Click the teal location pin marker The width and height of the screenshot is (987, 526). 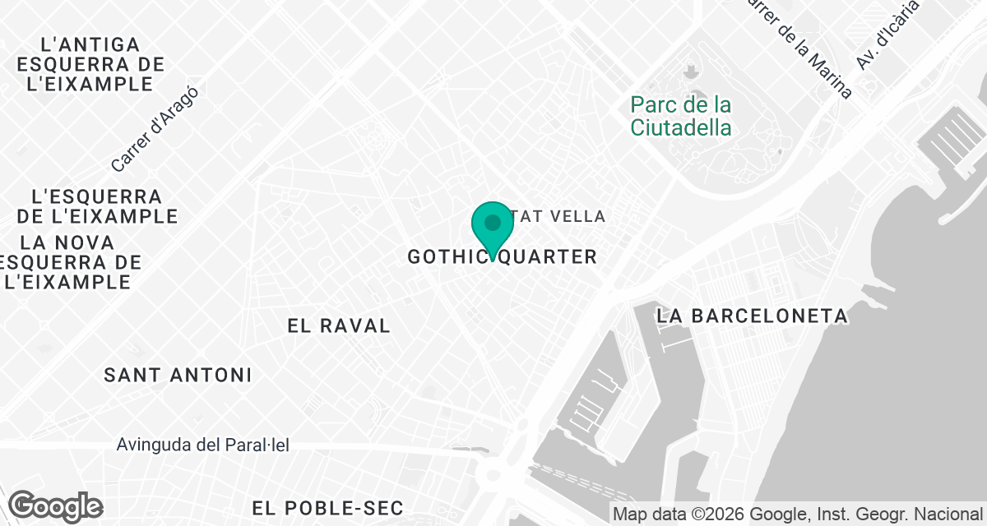point(493,229)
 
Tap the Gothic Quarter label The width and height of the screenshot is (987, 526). point(502,257)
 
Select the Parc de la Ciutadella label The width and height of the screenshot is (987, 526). point(680,116)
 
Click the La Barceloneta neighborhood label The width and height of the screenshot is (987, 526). point(752,316)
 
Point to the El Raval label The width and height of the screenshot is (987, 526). point(339,325)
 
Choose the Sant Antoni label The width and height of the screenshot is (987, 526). point(178,376)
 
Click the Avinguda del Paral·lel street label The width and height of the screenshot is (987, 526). point(203,445)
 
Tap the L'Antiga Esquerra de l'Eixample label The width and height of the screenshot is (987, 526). point(90,64)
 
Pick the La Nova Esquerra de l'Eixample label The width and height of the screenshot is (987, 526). point(69,262)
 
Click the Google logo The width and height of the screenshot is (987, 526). point(56,506)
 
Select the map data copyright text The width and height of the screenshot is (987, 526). point(798,515)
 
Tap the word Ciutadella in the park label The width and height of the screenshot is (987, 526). point(680,127)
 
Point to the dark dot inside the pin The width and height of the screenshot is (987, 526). point(493,222)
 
